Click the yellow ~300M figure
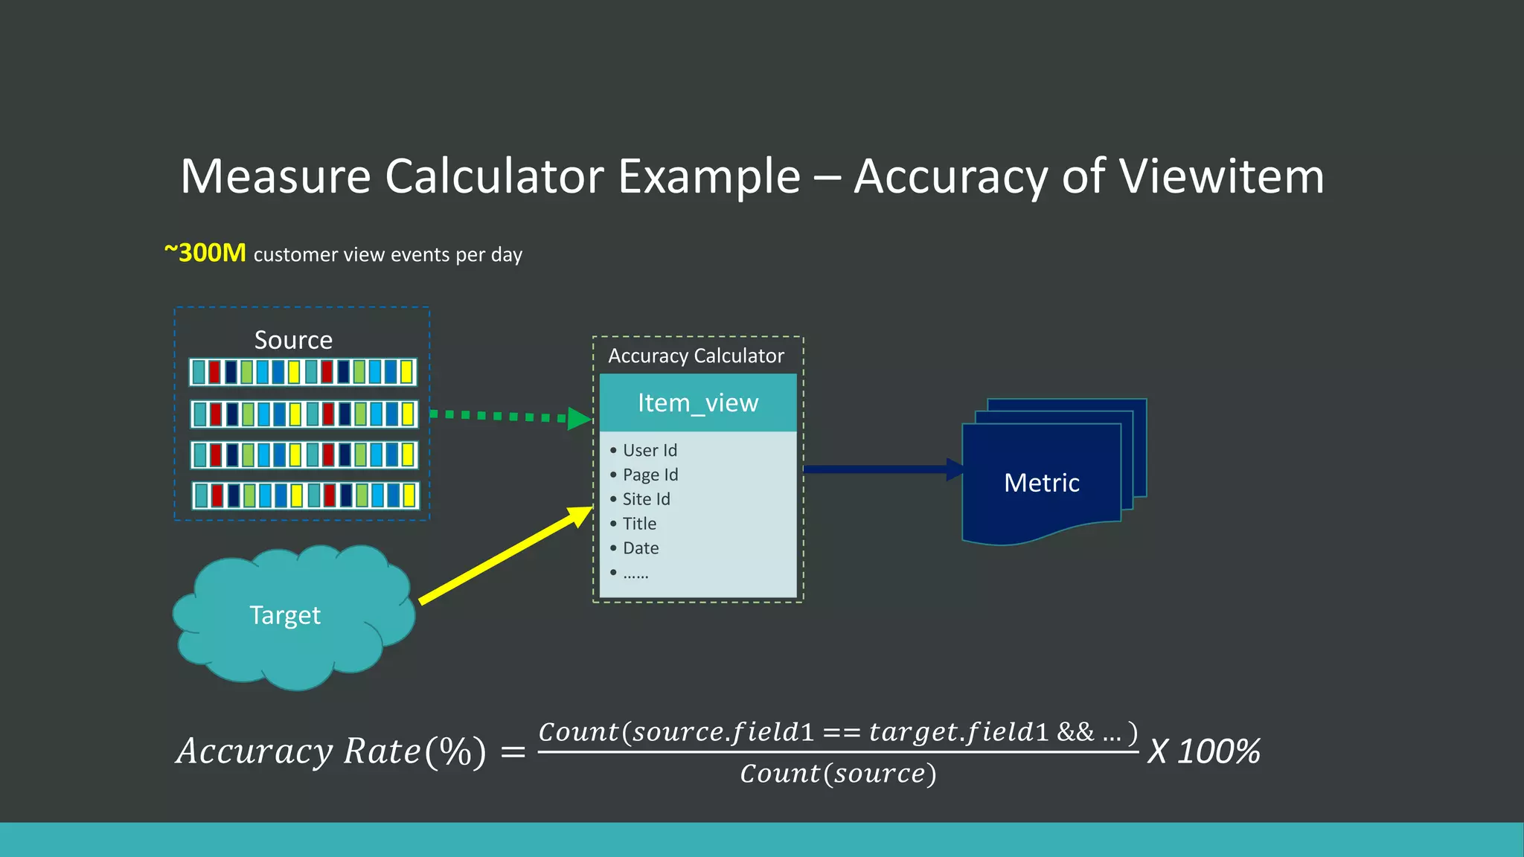point(205,254)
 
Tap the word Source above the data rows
point(293,340)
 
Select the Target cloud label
point(285,615)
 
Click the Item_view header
point(698,403)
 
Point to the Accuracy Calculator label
point(696,356)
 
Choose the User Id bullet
point(650,450)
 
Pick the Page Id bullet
point(650,475)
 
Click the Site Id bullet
point(646,499)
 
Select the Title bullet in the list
point(639,524)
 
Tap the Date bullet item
point(641,548)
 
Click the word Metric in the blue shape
point(1041,483)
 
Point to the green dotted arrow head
point(579,418)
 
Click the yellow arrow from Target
point(506,554)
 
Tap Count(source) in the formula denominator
point(838,774)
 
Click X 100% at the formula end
point(1203,751)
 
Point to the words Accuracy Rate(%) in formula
point(331,751)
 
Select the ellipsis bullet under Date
point(635,573)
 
